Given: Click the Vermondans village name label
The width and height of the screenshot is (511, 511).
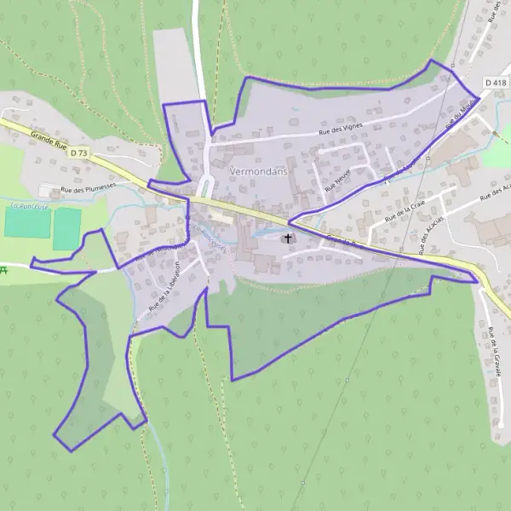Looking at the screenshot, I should point(258,170).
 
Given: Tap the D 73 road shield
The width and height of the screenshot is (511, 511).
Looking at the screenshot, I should point(79,152).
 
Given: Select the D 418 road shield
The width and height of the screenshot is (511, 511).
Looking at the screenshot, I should point(495,83).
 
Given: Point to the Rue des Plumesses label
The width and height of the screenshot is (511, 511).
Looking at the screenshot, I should point(87,190).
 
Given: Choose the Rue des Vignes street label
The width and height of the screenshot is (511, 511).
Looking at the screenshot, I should point(340,128).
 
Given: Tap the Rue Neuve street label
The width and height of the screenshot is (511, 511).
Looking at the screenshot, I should point(337,179).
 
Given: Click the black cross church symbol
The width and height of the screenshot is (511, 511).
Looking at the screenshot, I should point(288,238).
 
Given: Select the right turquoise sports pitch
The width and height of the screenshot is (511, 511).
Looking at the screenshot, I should point(66,228).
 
